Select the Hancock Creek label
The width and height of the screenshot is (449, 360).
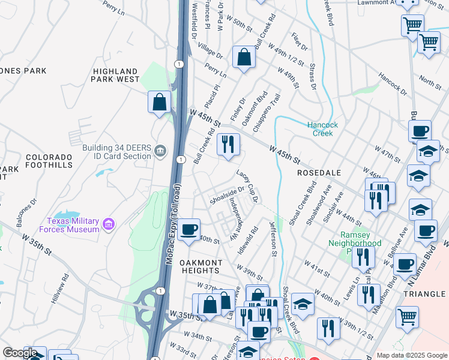point(323,129)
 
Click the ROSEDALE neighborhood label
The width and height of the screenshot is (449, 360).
point(319,173)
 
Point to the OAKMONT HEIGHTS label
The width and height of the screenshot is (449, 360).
point(193,267)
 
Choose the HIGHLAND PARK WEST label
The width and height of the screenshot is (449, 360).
point(116,75)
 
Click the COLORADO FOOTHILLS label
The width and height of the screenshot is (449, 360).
point(49,161)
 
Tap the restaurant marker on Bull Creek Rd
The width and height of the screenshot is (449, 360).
point(228,144)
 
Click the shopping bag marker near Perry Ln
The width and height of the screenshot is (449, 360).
point(244,58)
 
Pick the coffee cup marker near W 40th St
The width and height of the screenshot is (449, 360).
point(189,229)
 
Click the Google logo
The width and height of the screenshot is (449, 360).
point(20,353)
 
